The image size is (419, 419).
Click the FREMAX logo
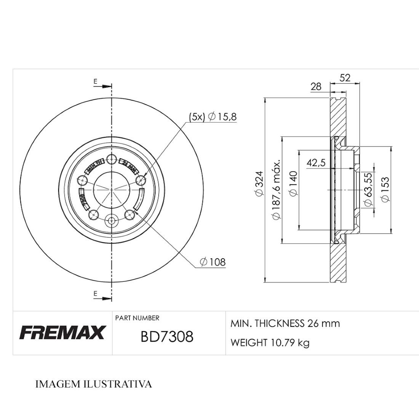[62, 333]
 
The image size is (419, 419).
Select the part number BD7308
[167, 337]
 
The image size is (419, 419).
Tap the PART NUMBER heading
[137, 318]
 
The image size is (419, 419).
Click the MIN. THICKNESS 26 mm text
[285, 323]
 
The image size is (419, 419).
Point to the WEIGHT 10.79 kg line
[270, 342]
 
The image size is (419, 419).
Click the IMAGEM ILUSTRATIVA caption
[93, 384]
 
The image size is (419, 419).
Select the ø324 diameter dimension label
[259, 184]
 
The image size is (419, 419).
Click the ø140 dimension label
[293, 184]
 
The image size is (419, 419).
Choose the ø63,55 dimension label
[368, 189]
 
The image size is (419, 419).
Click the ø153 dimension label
[384, 189]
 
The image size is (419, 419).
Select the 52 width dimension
[344, 78]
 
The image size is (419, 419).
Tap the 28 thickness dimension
[316, 86]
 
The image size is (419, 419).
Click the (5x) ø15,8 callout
[213, 117]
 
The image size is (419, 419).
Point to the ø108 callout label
[213, 262]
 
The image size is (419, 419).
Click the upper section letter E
[95, 81]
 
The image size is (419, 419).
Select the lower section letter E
[95, 293]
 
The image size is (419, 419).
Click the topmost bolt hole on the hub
[112, 159]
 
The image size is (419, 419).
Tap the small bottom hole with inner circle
[112, 220]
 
